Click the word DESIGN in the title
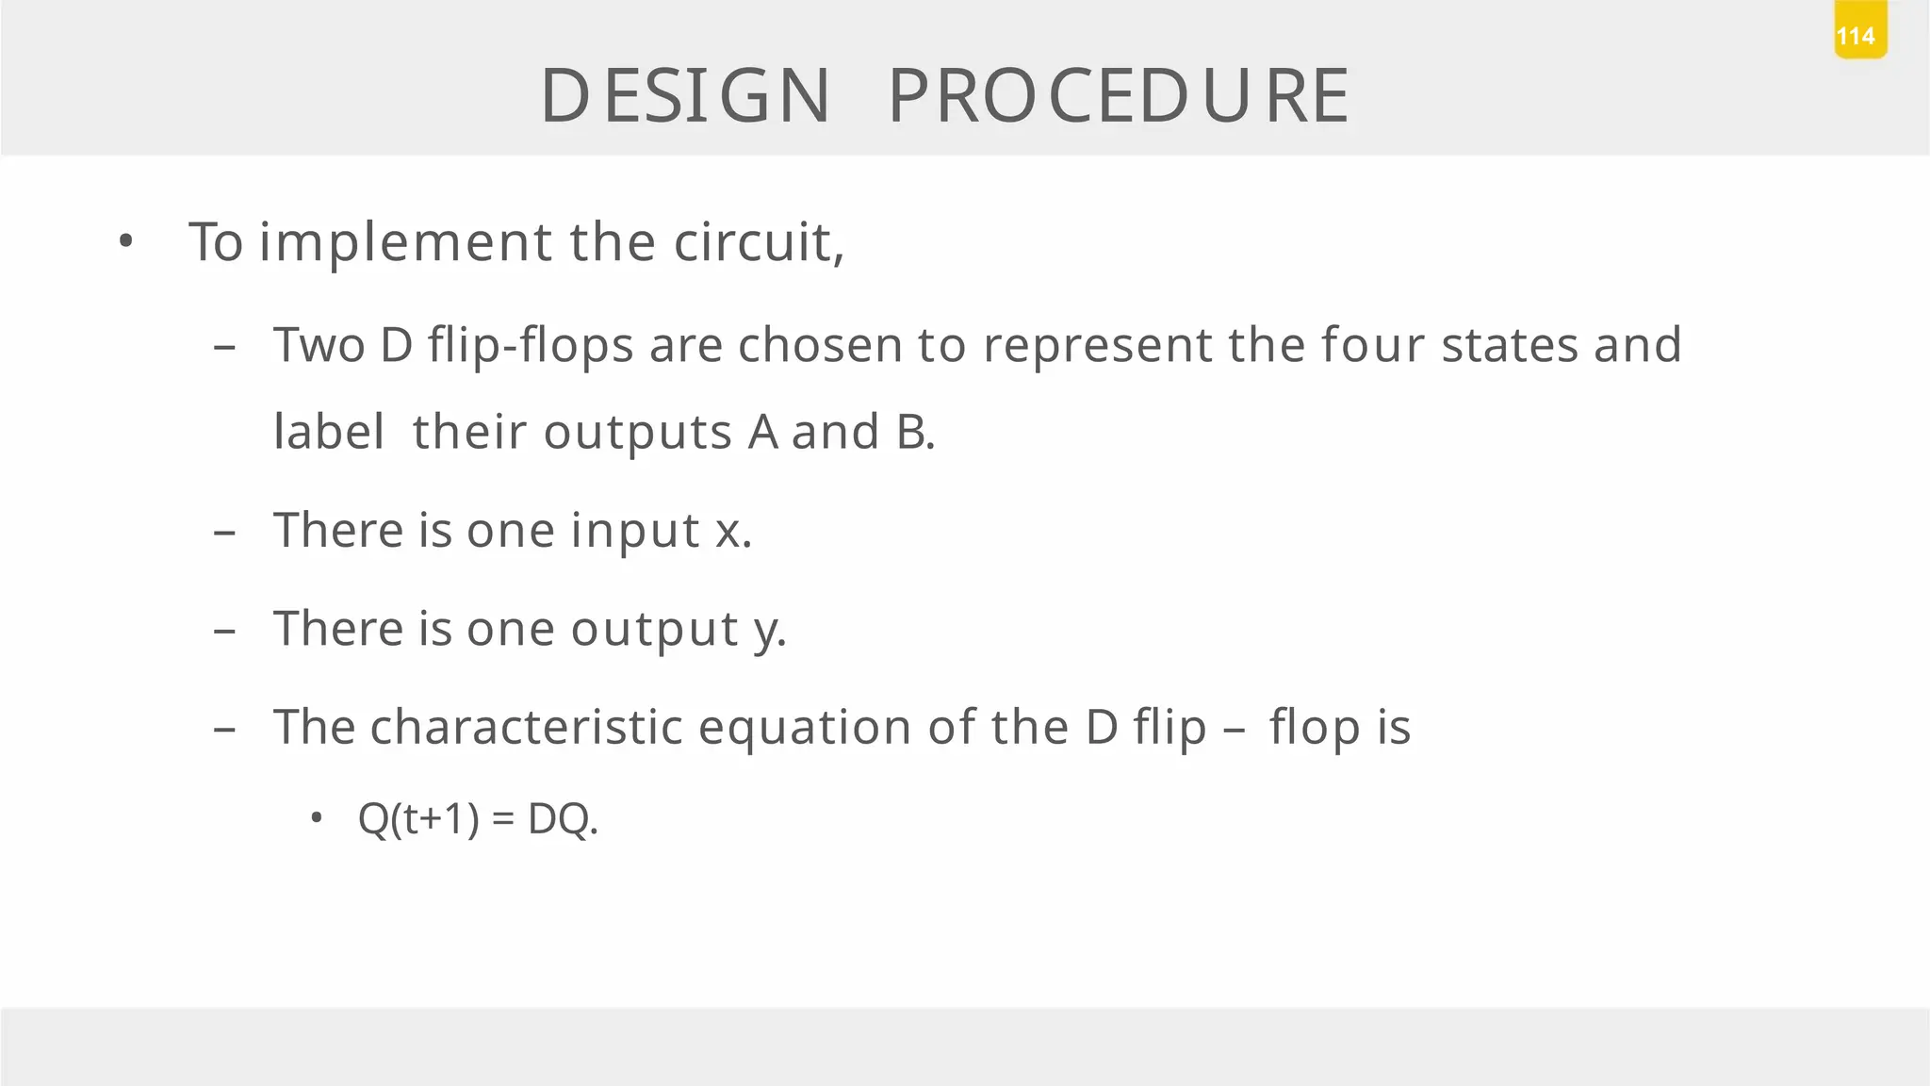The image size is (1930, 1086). pos(685,96)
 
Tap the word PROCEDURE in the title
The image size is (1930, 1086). pos(1120,96)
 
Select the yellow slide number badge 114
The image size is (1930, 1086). pos(1859,35)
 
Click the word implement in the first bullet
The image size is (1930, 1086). pos(406,242)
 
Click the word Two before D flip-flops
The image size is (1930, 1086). pos(319,345)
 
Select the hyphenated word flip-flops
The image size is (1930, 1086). pos(531,345)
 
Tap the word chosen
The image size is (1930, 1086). pos(820,345)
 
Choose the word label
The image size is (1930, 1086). pos(328,433)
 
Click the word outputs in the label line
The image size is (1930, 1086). pos(637,435)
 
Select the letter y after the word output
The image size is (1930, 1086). pos(767,631)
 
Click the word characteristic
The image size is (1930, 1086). pos(526,728)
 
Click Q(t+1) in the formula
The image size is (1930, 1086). pos(418,818)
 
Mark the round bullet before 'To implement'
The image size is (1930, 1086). pos(126,242)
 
